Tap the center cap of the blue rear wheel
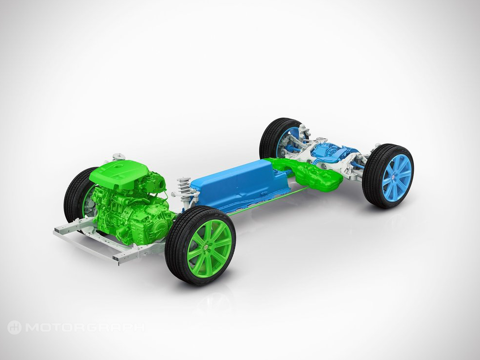click(393, 177)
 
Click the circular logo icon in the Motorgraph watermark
click(14, 327)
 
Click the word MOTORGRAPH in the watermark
click(85, 328)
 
